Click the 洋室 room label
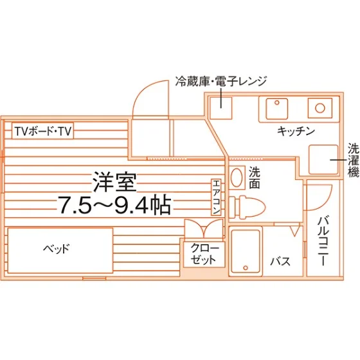[x=114, y=182]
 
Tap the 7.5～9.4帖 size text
[x=114, y=204]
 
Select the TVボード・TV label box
[x=42, y=131]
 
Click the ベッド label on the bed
[x=57, y=248]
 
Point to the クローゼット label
[x=204, y=254]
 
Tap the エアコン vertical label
[x=217, y=197]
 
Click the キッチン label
[x=296, y=131]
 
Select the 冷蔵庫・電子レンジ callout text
[x=221, y=81]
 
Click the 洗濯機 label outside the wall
[x=354, y=160]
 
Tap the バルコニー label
[x=323, y=241]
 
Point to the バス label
[x=280, y=261]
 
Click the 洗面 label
[x=255, y=177]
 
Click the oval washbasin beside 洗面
[x=237, y=177]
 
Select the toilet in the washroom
[x=247, y=207]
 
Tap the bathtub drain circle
[x=246, y=267]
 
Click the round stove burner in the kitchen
[x=320, y=108]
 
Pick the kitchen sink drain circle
[x=276, y=102]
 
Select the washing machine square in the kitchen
[x=323, y=159]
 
